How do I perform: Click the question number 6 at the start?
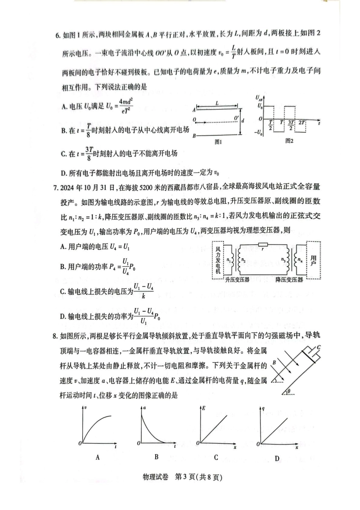pyautogui.click(x=58, y=36)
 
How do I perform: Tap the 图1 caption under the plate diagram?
pyautogui.click(x=218, y=142)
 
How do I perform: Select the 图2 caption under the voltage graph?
pyautogui.click(x=289, y=141)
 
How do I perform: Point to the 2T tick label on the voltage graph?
pyautogui.click(x=302, y=122)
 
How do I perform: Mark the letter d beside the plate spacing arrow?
pyautogui.click(x=243, y=121)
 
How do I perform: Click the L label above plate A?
pyautogui.click(x=217, y=103)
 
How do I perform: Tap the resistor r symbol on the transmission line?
pyautogui.click(x=263, y=245)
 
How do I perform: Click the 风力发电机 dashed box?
pyautogui.click(x=218, y=260)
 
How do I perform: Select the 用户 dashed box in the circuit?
pyautogui.click(x=313, y=261)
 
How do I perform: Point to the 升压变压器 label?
pyautogui.click(x=237, y=280)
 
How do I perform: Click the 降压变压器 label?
pyautogui.click(x=289, y=280)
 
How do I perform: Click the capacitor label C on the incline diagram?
pyautogui.click(x=319, y=347)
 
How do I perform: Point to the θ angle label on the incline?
pyautogui.click(x=289, y=391)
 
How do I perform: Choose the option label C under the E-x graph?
pyautogui.click(x=216, y=457)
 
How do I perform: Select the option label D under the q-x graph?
pyautogui.click(x=277, y=458)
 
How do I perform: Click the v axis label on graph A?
pyautogui.click(x=86, y=408)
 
